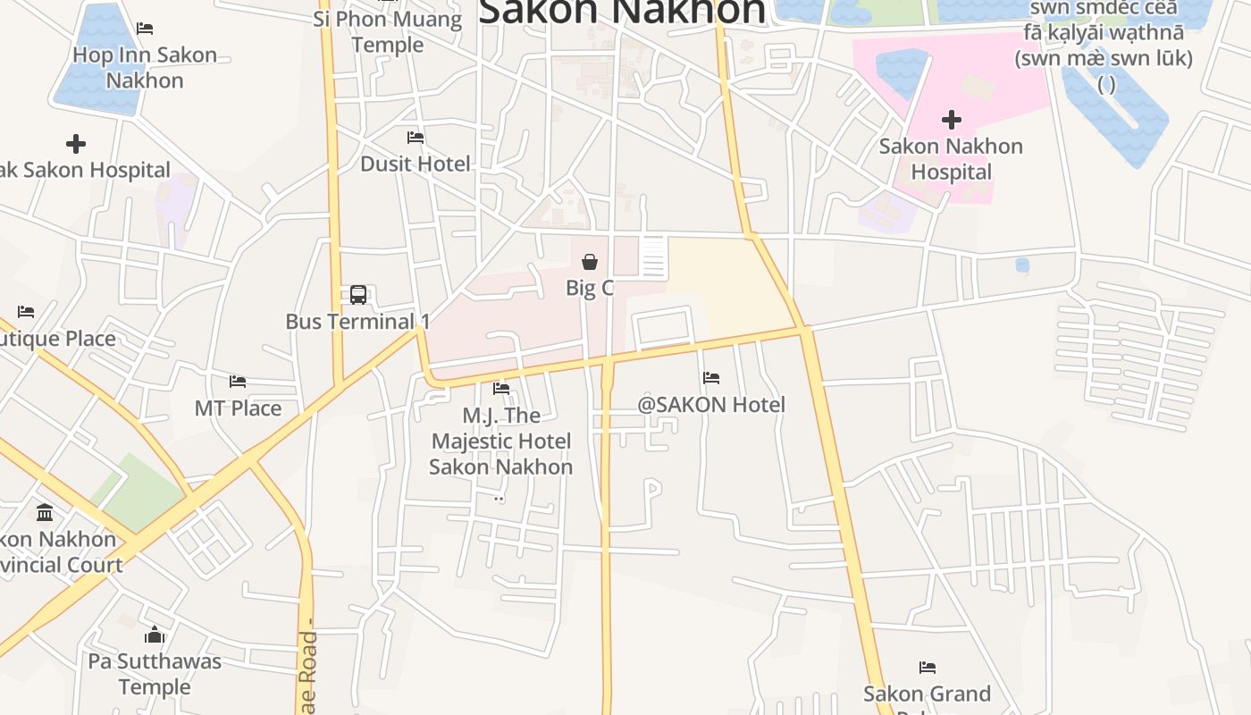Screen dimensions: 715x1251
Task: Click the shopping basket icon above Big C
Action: point(590,262)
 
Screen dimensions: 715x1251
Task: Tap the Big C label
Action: point(590,288)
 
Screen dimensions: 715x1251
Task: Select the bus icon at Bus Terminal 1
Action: point(358,295)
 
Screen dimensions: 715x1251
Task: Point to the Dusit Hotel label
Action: point(415,164)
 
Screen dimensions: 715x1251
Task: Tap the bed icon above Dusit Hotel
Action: point(416,138)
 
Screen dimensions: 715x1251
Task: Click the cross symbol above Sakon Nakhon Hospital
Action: point(952,120)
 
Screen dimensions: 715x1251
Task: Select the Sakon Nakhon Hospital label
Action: point(951,158)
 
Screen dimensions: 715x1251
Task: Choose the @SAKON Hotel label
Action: point(711,405)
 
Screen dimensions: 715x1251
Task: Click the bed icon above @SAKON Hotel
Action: point(711,378)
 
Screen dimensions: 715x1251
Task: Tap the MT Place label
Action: point(238,408)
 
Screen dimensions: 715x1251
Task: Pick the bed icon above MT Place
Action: point(238,382)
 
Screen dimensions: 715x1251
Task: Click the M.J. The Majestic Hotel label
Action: point(500,441)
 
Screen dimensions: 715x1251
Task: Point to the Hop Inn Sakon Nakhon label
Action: point(145,67)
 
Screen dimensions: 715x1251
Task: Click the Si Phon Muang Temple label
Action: point(388,31)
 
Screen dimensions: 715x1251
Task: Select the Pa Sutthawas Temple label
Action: point(155,674)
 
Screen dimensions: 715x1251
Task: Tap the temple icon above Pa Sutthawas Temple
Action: point(155,635)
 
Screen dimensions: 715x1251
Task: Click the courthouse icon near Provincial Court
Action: point(45,512)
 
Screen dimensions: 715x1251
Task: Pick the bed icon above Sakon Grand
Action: point(928,668)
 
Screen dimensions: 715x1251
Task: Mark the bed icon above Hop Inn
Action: point(145,29)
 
